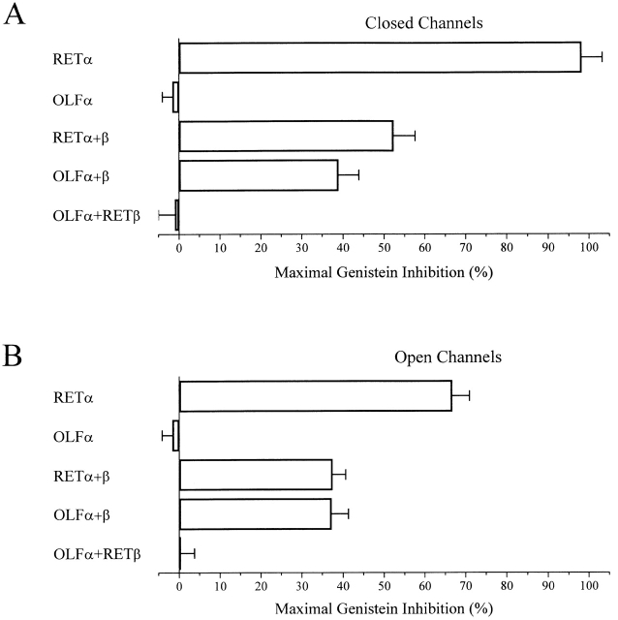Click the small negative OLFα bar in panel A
pos(175,97)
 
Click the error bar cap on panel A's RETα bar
pos(603,57)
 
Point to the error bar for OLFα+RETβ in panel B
pos(189,553)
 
